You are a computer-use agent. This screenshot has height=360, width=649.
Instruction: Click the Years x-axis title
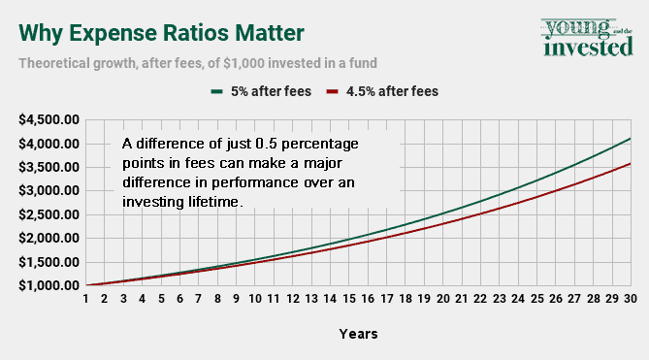point(358,334)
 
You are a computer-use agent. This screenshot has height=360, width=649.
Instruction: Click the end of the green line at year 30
point(630,139)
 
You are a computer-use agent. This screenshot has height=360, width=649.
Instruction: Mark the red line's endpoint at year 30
point(630,164)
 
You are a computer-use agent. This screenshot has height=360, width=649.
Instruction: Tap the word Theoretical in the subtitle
point(59,63)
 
